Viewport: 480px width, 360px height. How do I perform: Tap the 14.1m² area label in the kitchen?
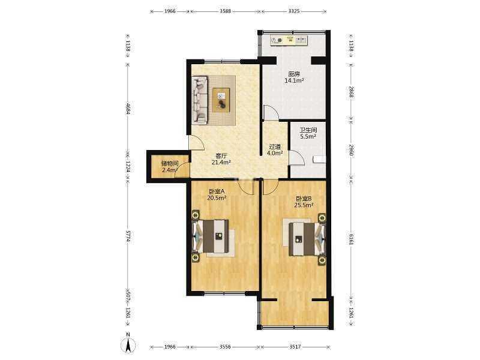pyautogui.click(x=294, y=81)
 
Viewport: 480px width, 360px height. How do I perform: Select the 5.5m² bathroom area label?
pyautogui.click(x=308, y=137)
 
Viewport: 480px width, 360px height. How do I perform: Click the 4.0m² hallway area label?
pyautogui.click(x=275, y=153)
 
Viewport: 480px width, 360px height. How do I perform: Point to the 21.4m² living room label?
pyautogui.click(x=221, y=163)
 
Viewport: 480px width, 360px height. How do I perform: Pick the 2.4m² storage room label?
pyautogui.click(x=170, y=170)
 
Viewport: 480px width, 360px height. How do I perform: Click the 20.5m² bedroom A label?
pyautogui.click(x=217, y=198)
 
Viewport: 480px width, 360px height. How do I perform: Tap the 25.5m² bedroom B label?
pyautogui.click(x=304, y=205)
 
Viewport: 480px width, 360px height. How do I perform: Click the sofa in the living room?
pyautogui.click(x=200, y=100)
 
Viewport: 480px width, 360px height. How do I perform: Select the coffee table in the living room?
pyautogui.click(x=221, y=100)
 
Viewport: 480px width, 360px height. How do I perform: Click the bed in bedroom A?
pyautogui.click(x=211, y=236)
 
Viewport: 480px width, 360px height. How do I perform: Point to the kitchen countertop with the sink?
pyautogui.click(x=289, y=40)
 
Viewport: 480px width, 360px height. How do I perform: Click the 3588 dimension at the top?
pyautogui.click(x=226, y=11)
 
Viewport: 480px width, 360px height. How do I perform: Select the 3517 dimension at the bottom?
pyautogui.click(x=295, y=347)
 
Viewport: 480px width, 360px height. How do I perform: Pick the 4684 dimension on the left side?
pyautogui.click(x=128, y=109)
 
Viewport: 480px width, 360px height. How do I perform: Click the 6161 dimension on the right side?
pyautogui.click(x=351, y=239)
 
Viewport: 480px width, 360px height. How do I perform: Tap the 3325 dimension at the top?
pyautogui.click(x=294, y=11)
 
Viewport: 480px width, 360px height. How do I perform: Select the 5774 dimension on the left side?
pyautogui.click(x=128, y=237)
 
